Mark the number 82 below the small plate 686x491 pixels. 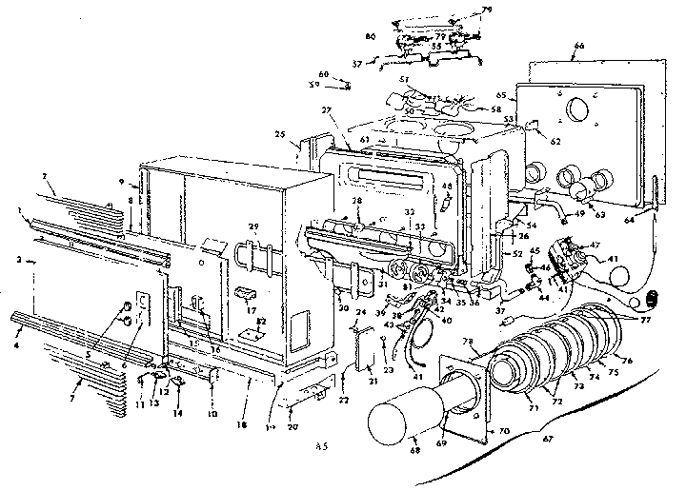click(262, 324)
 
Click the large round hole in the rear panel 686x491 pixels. click(578, 110)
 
